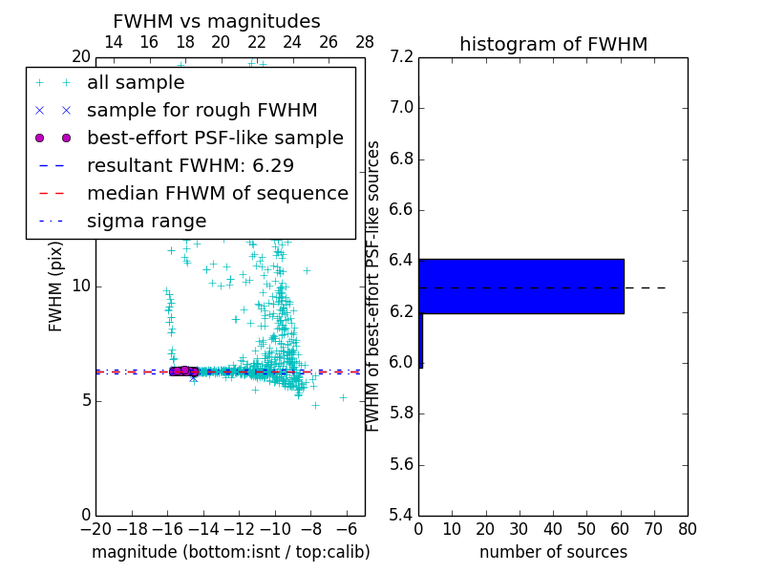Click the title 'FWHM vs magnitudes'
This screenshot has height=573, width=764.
[217, 21]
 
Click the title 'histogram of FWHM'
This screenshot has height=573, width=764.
[553, 44]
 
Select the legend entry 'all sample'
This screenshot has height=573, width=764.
[136, 83]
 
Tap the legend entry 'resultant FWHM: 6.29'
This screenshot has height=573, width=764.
[190, 165]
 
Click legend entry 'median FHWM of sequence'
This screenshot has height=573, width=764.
[217, 193]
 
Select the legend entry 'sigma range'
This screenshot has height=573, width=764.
[146, 221]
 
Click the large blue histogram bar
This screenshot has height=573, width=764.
[521, 286]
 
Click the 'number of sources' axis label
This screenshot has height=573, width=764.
[553, 552]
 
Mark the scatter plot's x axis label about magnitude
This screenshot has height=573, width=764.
[230, 552]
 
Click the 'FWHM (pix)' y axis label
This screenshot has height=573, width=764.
[56, 286]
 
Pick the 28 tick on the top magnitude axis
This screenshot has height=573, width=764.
[365, 42]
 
